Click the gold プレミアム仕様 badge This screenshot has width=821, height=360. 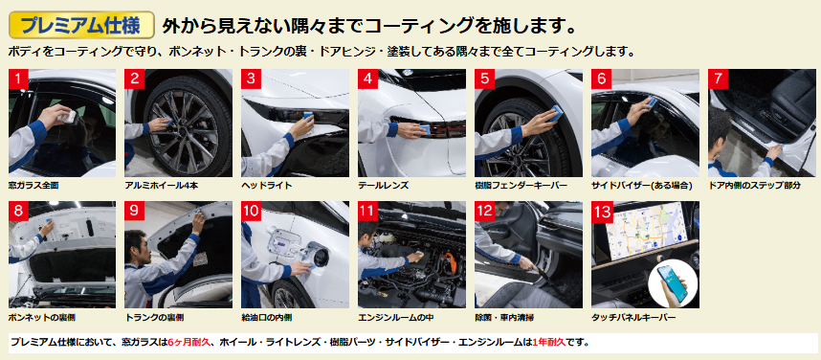tap(81, 25)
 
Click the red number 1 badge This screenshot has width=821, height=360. tap(19, 79)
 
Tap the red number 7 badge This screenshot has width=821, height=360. tap(719, 79)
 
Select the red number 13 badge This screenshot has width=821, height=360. tap(603, 212)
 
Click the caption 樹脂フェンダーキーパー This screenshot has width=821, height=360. tap(521, 186)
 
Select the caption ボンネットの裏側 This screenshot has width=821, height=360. tap(37, 318)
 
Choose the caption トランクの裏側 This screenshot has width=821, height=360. tap(154, 318)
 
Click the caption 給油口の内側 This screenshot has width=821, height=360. tap(267, 318)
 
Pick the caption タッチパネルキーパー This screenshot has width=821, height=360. tap(633, 318)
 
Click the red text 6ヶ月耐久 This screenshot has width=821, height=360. tap(189, 343)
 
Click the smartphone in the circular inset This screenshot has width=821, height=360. tap(673, 283)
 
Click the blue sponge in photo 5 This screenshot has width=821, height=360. tap(554, 112)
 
